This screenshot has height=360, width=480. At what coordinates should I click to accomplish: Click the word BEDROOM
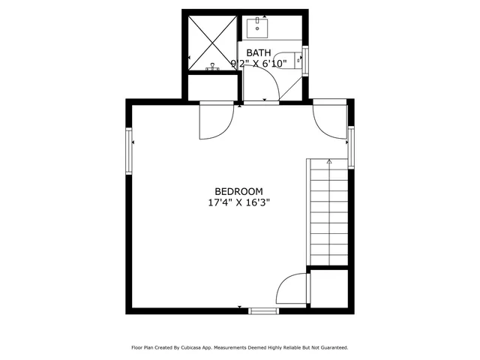(239, 192)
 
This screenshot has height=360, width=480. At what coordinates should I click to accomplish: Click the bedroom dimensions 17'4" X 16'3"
(239, 202)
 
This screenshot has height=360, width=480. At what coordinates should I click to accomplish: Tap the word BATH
(259, 52)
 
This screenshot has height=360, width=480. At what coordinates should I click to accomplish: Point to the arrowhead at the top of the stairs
(328, 160)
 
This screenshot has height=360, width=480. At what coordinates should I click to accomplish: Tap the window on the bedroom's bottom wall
(263, 309)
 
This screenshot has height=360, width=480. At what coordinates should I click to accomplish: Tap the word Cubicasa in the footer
(193, 348)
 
